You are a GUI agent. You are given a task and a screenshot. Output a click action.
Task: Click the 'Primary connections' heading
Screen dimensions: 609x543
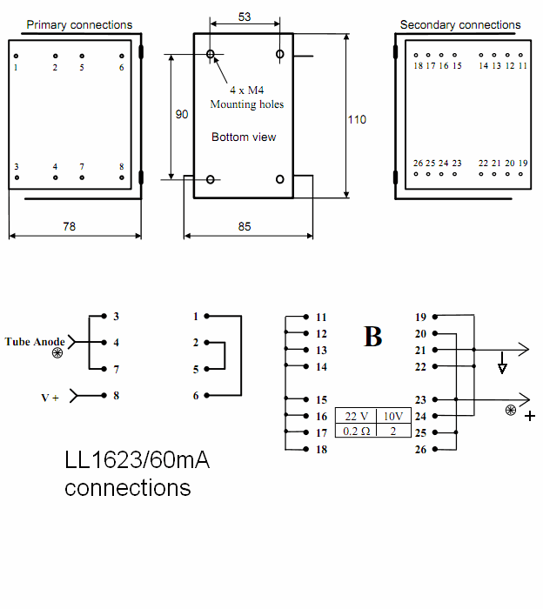pyautogui.click(x=79, y=25)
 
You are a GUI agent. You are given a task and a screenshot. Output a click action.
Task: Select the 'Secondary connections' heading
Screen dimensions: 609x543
pyautogui.click(x=460, y=25)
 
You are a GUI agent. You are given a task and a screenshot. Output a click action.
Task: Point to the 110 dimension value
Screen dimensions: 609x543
pyautogui.click(x=357, y=119)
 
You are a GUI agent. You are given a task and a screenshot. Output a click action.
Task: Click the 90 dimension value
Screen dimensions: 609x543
pyautogui.click(x=182, y=114)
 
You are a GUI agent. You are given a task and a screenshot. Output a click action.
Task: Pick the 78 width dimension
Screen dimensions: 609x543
pyautogui.click(x=69, y=226)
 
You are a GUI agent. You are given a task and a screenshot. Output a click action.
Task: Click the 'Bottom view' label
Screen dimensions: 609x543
pyautogui.click(x=244, y=137)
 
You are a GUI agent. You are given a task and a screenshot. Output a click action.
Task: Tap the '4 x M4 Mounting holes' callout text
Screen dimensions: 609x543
pyautogui.click(x=246, y=97)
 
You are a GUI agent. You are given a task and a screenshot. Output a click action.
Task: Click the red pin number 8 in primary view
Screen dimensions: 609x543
pyautogui.click(x=121, y=166)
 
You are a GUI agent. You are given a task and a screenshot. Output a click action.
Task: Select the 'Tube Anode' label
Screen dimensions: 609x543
pyautogui.click(x=35, y=341)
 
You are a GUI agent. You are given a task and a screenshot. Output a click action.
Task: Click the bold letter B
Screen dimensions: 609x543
pyautogui.click(x=372, y=337)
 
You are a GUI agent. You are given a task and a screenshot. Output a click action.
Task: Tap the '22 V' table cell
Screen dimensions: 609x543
pyautogui.click(x=356, y=416)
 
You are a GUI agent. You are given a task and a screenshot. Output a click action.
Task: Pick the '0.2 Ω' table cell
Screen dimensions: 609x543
pyautogui.click(x=356, y=431)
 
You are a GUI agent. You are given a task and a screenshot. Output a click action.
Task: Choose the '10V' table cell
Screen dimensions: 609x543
pyautogui.click(x=392, y=416)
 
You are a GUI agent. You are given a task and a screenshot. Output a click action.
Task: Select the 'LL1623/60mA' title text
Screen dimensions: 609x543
pyautogui.click(x=137, y=460)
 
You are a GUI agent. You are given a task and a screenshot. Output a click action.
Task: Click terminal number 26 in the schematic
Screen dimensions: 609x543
pyautogui.click(x=420, y=449)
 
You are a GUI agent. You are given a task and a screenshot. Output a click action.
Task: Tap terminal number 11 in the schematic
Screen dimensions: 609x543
pyautogui.click(x=321, y=317)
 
